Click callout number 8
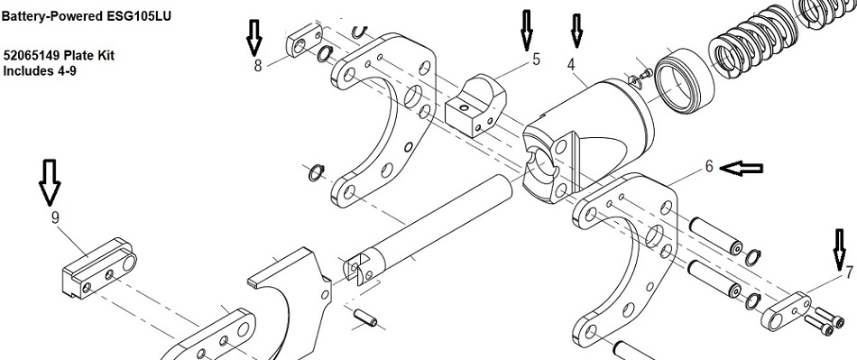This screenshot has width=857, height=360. [257, 66]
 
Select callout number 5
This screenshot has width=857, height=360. [536, 59]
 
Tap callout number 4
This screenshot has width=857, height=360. [571, 64]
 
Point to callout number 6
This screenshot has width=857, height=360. [709, 166]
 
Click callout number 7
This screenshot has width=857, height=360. [849, 272]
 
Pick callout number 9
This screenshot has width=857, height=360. [55, 218]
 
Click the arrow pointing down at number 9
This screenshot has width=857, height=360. [50, 182]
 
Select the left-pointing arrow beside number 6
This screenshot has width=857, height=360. [742, 169]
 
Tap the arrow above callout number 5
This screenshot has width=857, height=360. [526, 30]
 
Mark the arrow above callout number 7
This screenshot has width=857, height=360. [840, 250]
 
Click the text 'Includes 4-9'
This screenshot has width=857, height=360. [40, 71]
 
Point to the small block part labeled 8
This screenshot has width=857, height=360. [302, 40]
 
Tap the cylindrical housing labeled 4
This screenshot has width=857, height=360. [587, 139]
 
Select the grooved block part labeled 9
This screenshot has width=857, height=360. [99, 268]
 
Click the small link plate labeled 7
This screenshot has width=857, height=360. [785, 311]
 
